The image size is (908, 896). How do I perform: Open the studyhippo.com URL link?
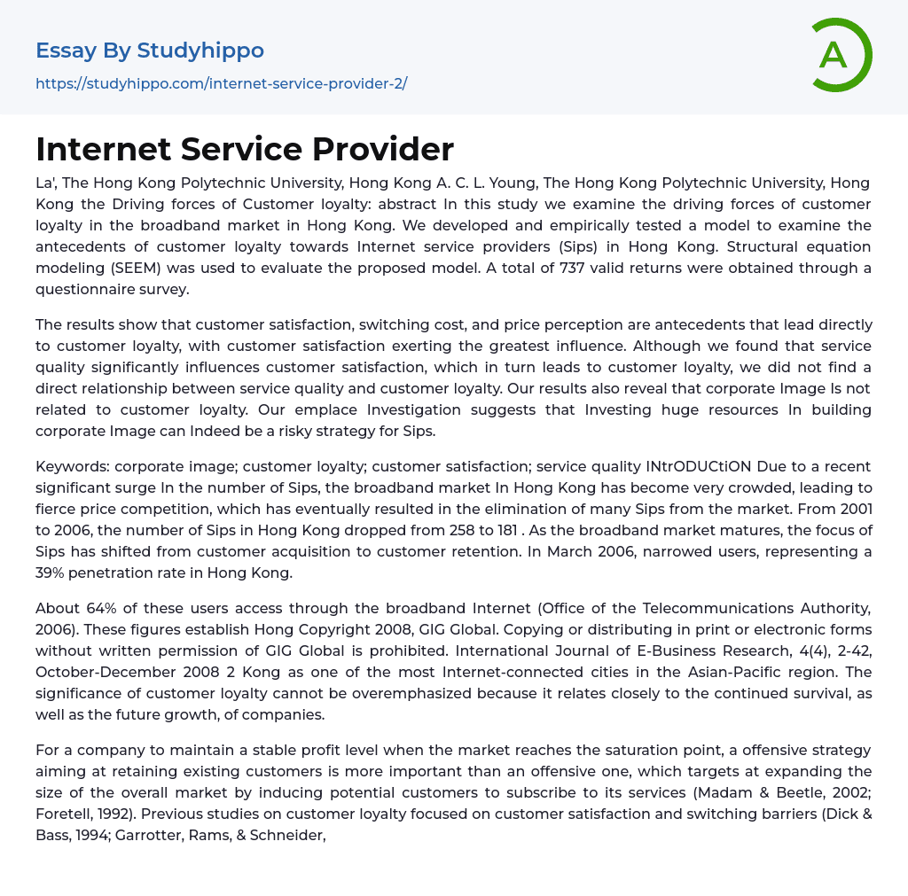[x=221, y=83]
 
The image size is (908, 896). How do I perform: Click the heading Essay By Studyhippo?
[x=150, y=51]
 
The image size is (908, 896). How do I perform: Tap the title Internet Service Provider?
[x=245, y=149]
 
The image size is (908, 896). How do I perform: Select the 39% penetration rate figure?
[x=52, y=573]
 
